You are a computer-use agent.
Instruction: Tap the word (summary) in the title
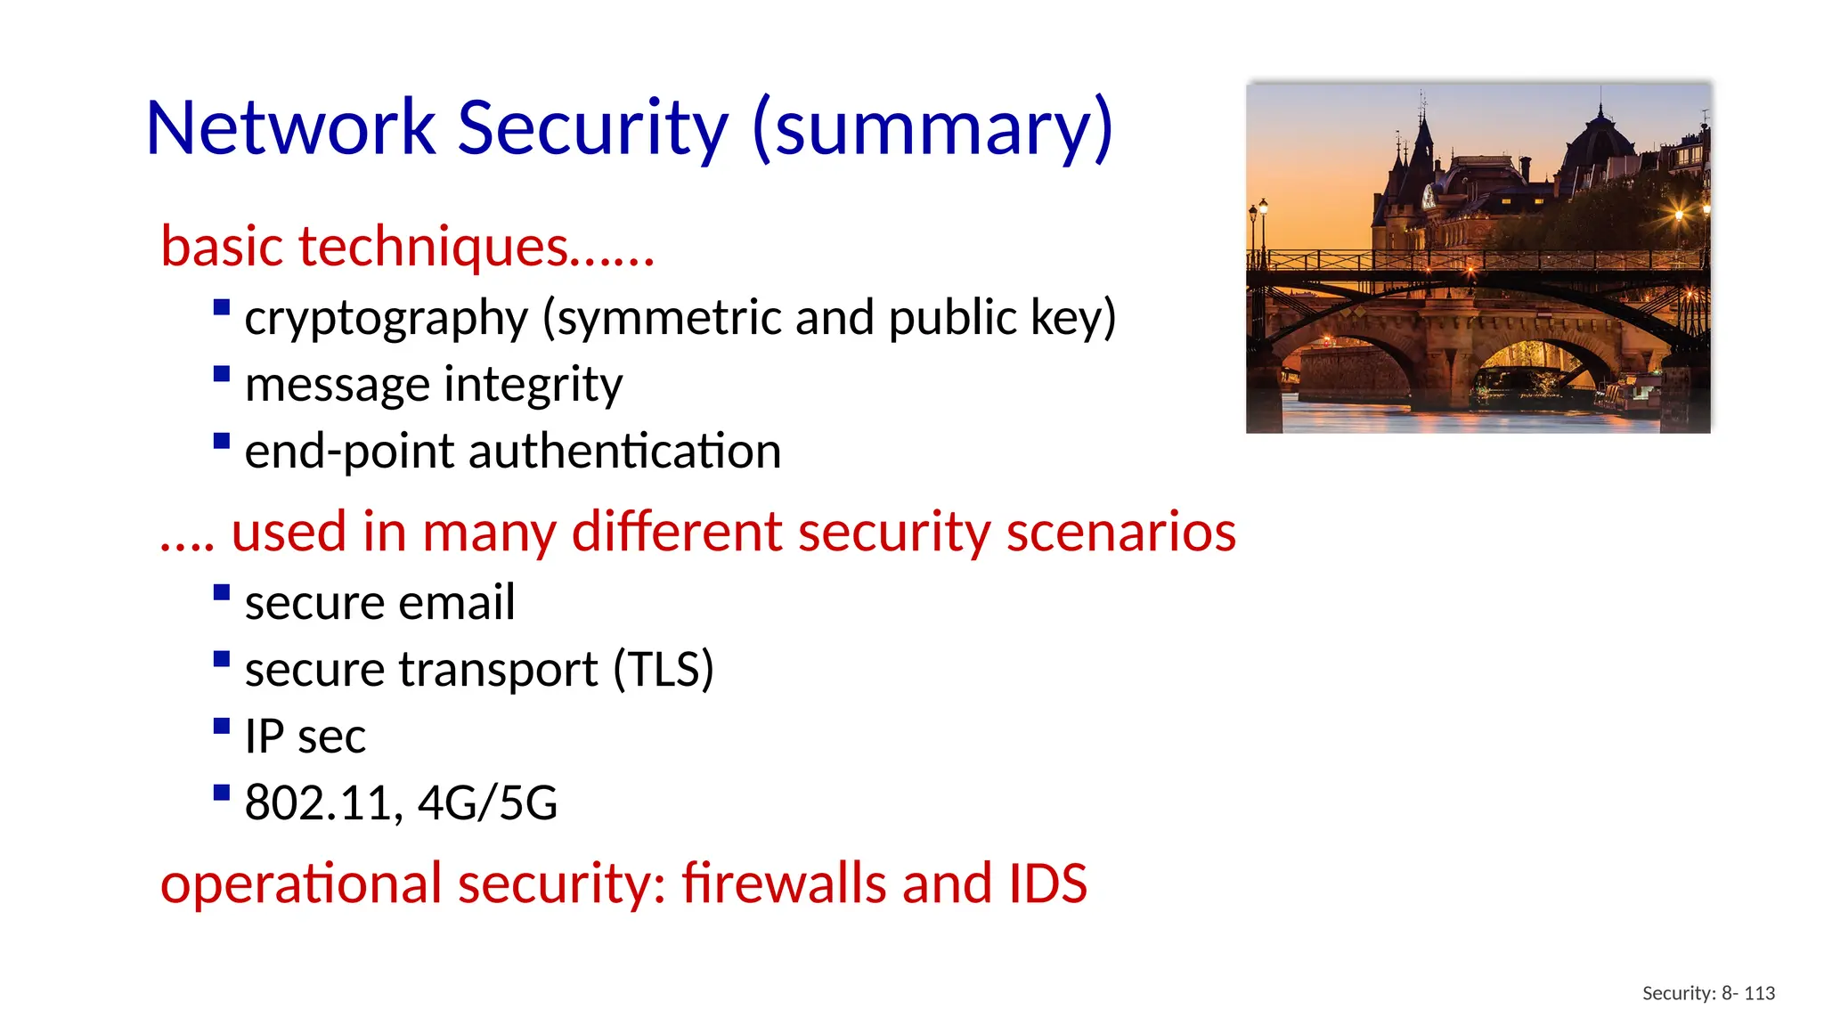point(932,129)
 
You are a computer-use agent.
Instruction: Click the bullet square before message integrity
point(222,374)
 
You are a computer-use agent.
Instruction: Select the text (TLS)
point(664,670)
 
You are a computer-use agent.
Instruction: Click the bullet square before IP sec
point(222,726)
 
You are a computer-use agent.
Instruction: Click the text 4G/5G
point(487,802)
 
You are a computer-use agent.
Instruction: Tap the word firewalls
point(785,883)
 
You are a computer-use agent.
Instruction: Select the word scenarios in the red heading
point(1121,532)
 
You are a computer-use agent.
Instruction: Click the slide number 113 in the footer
point(1759,993)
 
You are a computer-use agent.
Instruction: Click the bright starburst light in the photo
point(1679,215)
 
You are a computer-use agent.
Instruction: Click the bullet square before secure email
point(222,592)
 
